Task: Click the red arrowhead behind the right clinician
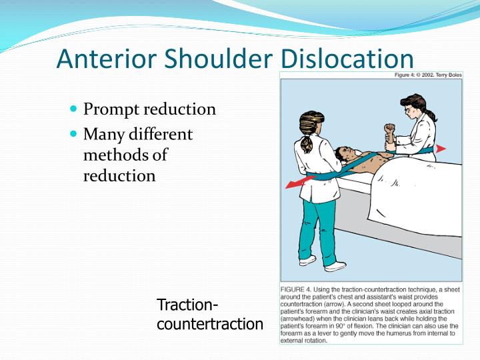(x=442, y=149)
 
